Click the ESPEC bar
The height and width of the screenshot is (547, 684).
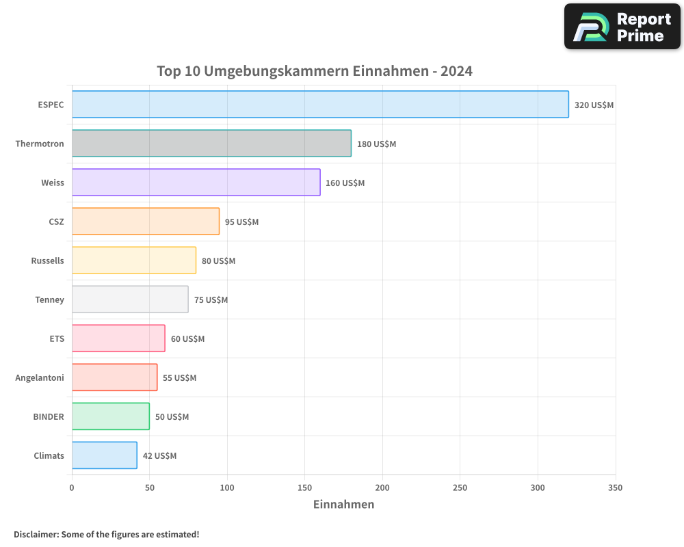pyautogui.click(x=320, y=105)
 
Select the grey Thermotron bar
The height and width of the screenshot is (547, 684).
pyautogui.click(x=211, y=144)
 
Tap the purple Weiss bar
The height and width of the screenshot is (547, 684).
pyautogui.click(x=196, y=183)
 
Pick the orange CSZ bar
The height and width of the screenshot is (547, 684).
pyautogui.click(x=145, y=222)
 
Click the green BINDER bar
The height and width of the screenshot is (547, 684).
pyautogui.click(x=110, y=416)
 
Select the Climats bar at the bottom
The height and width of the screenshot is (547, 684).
pyautogui.click(x=104, y=455)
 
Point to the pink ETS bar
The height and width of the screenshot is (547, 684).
pyautogui.click(x=118, y=338)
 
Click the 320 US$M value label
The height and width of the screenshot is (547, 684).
pyautogui.click(x=594, y=105)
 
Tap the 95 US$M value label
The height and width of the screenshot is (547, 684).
pyautogui.click(x=241, y=222)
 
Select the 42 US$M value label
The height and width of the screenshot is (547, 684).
pyautogui.click(x=159, y=456)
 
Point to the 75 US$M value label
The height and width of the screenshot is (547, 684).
pyautogui.click(x=211, y=300)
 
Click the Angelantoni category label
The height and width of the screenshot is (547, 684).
pyautogui.click(x=40, y=377)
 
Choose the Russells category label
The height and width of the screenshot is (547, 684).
pyautogui.click(x=47, y=261)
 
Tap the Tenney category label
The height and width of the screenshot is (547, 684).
pyautogui.click(x=49, y=299)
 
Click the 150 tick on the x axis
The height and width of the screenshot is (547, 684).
pyautogui.click(x=305, y=488)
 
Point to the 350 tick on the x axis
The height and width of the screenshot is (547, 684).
pyautogui.click(x=615, y=488)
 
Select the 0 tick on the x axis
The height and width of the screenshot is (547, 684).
pyautogui.click(x=72, y=488)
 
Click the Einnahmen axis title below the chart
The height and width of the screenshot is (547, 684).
pyautogui.click(x=343, y=505)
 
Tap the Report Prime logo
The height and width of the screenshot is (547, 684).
pyautogui.click(x=622, y=27)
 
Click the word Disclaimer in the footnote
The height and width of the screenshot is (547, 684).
pyautogui.click(x=36, y=534)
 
